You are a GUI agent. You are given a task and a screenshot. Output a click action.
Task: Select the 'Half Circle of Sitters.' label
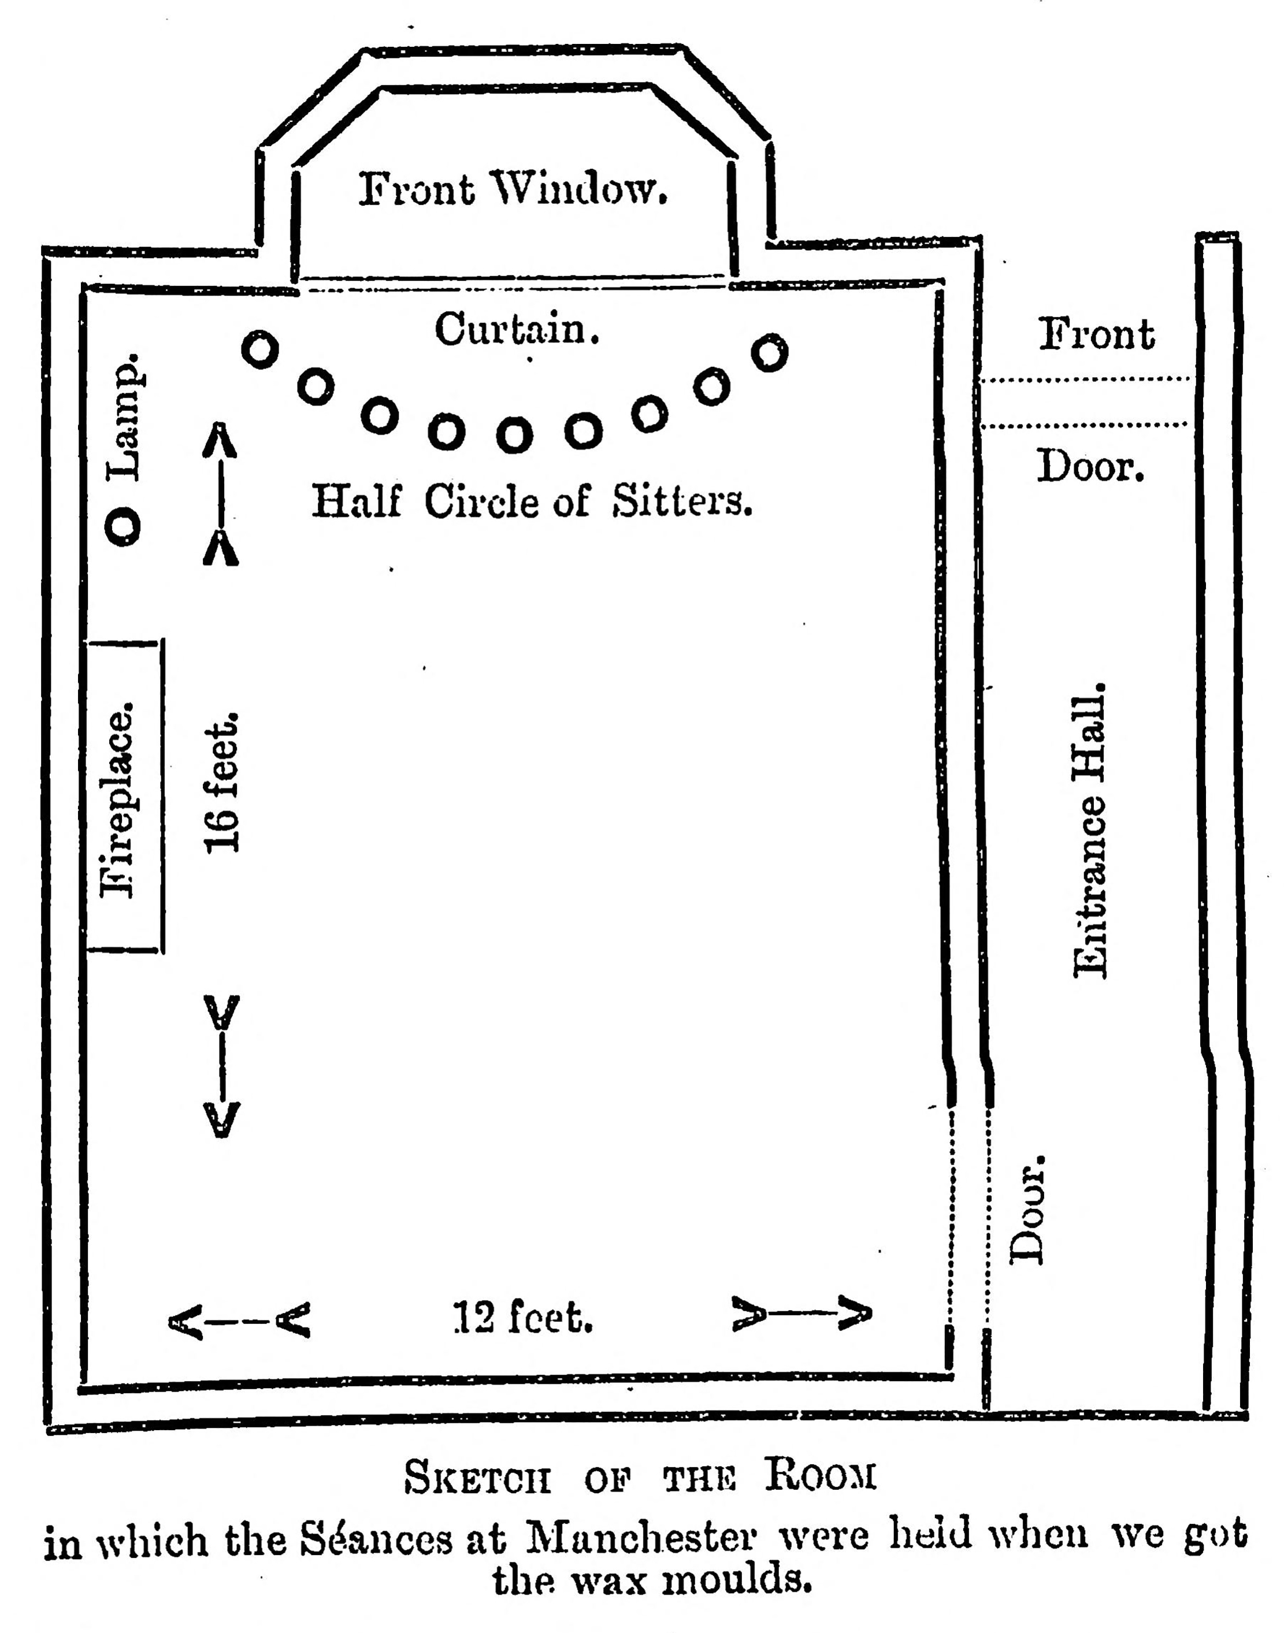pyautogui.click(x=532, y=500)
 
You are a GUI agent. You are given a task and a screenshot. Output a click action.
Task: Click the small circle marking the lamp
pyautogui.click(x=123, y=527)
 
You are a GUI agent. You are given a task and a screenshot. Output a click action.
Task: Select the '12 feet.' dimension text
pyautogui.click(x=523, y=1318)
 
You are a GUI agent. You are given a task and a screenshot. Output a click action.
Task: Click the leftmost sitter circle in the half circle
pyautogui.click(x=260, y=349)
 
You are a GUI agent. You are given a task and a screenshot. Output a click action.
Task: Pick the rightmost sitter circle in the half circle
pyautogui.click(x=770, y=352)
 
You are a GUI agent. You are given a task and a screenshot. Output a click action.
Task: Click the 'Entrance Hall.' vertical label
pyautogui.click(x=1090, y=831)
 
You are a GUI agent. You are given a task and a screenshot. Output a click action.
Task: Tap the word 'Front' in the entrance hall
pyautogui.click(x=1097, y=334)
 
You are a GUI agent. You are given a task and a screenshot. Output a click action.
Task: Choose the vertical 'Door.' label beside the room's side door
pyautogui.click(x=1027, y=1211)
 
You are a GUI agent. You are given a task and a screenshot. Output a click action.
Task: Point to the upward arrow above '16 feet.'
pyautogui.click(x=221, y=494)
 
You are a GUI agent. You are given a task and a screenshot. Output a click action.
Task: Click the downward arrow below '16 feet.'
pyautogui.click(x=222, y=1066)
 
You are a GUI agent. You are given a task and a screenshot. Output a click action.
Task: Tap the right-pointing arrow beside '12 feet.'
pyautogui.click(x=802, y=1313)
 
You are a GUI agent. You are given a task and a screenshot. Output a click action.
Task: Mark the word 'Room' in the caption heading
pyautogui.click(x=821, y=1474)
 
